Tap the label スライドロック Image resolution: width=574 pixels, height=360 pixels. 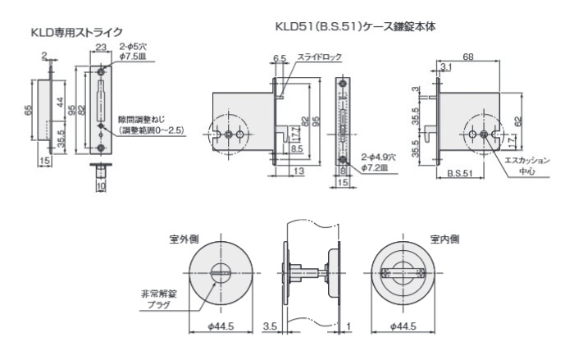(x=319, y=57)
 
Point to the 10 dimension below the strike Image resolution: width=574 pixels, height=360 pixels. (x=100, y=186)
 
